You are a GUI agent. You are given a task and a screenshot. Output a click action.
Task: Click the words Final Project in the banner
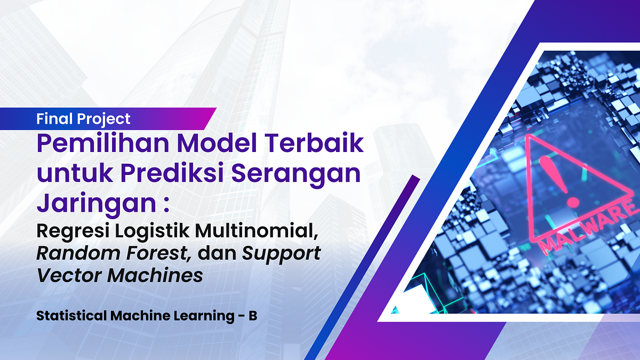(83, 118)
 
